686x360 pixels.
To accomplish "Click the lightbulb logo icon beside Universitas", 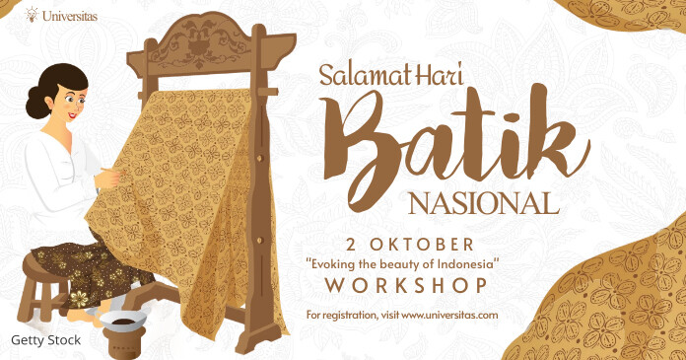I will tap(32, 15).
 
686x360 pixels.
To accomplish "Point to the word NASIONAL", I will tap(483, 205).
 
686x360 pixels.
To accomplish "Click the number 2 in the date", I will tap(352, 244).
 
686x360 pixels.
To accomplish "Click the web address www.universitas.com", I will tap(448, 316).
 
